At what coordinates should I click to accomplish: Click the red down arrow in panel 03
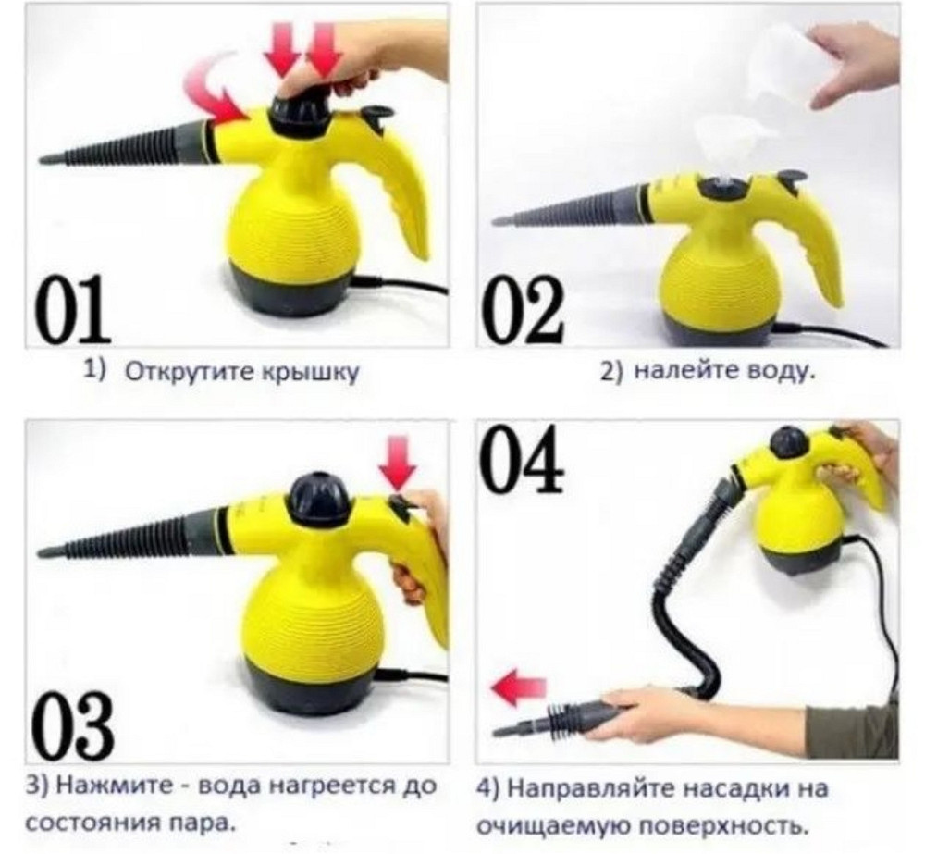pyautogui.click(x=401, y=463)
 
